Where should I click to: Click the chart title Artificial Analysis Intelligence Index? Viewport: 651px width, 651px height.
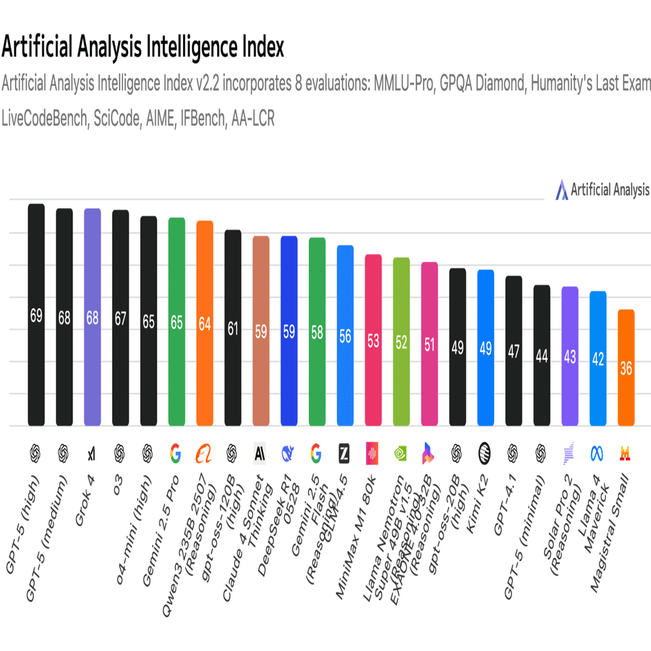coord(142,48)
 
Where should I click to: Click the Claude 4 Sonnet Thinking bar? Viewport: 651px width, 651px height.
coord(261,331)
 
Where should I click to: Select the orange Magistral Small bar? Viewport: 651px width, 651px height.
coord(626,367)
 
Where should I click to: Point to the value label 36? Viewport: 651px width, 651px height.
coord(626,368)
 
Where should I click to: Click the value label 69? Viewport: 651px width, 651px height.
coord(36,316)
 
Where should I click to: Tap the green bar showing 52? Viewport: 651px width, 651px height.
coord(401,341)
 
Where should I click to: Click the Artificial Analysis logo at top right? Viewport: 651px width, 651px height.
coord(603,190)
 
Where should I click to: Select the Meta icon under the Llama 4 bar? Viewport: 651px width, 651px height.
coord(597,452)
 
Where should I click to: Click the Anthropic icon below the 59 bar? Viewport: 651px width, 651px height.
coord(261,452)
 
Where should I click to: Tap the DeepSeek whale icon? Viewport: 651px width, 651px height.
coord(288,452)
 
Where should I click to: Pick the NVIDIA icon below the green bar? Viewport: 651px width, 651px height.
coord(401,452)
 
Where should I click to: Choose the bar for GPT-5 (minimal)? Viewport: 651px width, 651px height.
coord(541,355)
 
